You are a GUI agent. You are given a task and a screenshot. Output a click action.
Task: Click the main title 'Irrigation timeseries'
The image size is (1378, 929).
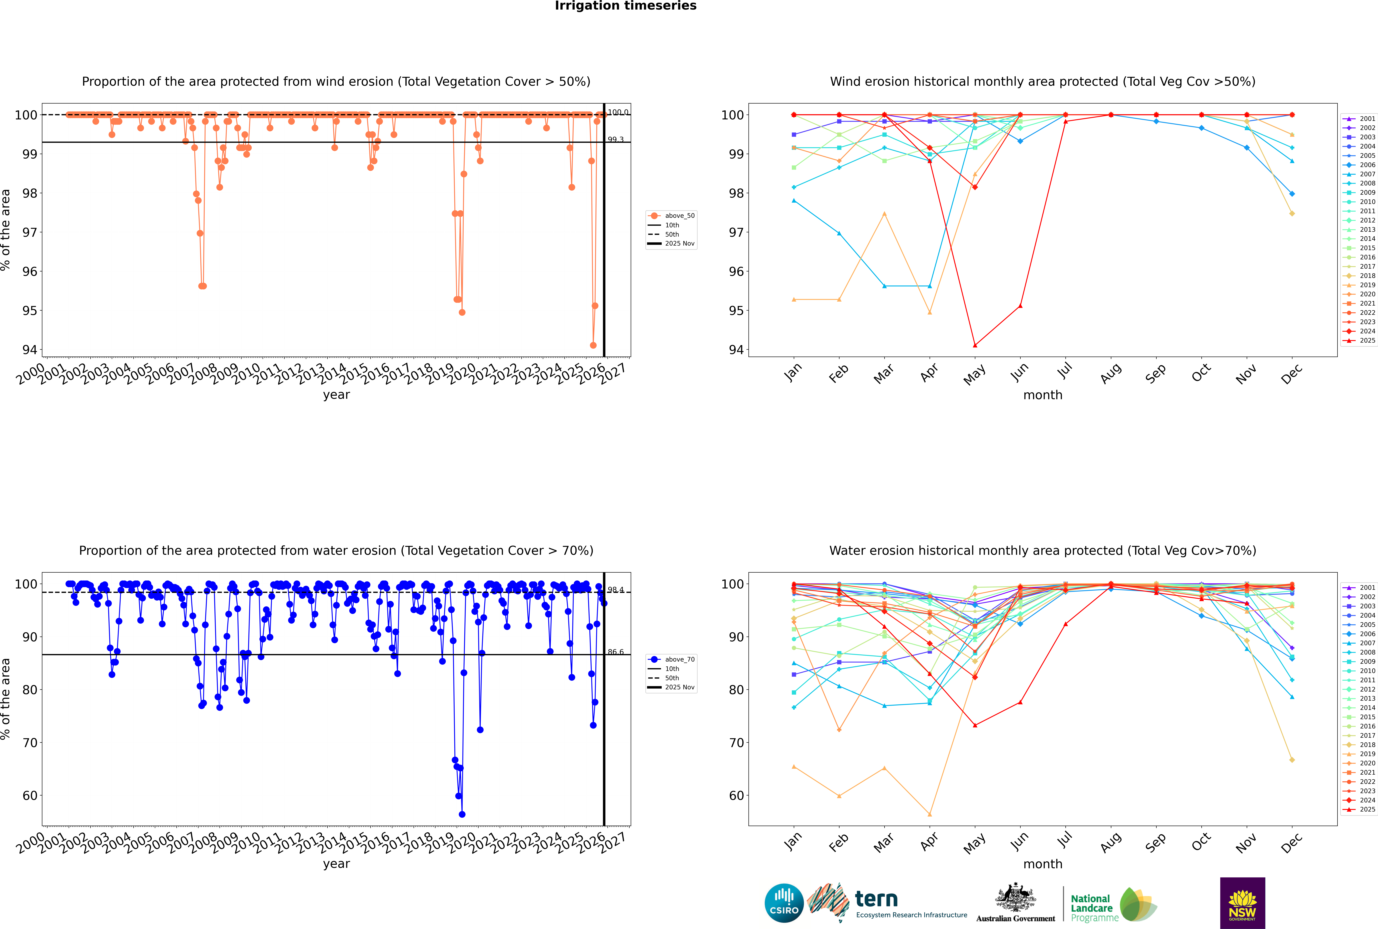click(x=626, y=6)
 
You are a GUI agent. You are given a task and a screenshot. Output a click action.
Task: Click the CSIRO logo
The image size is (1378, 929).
click(x=784, y=903)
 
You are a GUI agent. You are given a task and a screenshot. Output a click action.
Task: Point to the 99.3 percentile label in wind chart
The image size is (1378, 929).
click(x=616, y=140)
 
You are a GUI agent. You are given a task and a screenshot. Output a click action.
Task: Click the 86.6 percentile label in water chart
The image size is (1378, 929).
click(x=616, y=652)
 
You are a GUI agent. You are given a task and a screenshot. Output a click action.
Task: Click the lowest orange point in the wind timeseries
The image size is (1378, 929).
click(x=593, y=345)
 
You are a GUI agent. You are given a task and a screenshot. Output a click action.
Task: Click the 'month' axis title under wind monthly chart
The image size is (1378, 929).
click(x=1043, y=395)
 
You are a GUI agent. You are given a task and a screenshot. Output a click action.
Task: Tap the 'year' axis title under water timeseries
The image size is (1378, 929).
click(x=336, y=864)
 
